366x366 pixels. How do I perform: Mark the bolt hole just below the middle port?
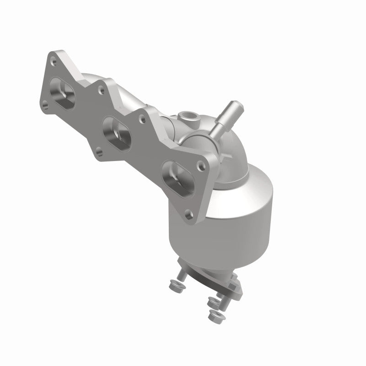[98, 150]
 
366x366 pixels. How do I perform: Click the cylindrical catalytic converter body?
[229, 215]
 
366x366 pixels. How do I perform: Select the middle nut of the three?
[211, 302]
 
